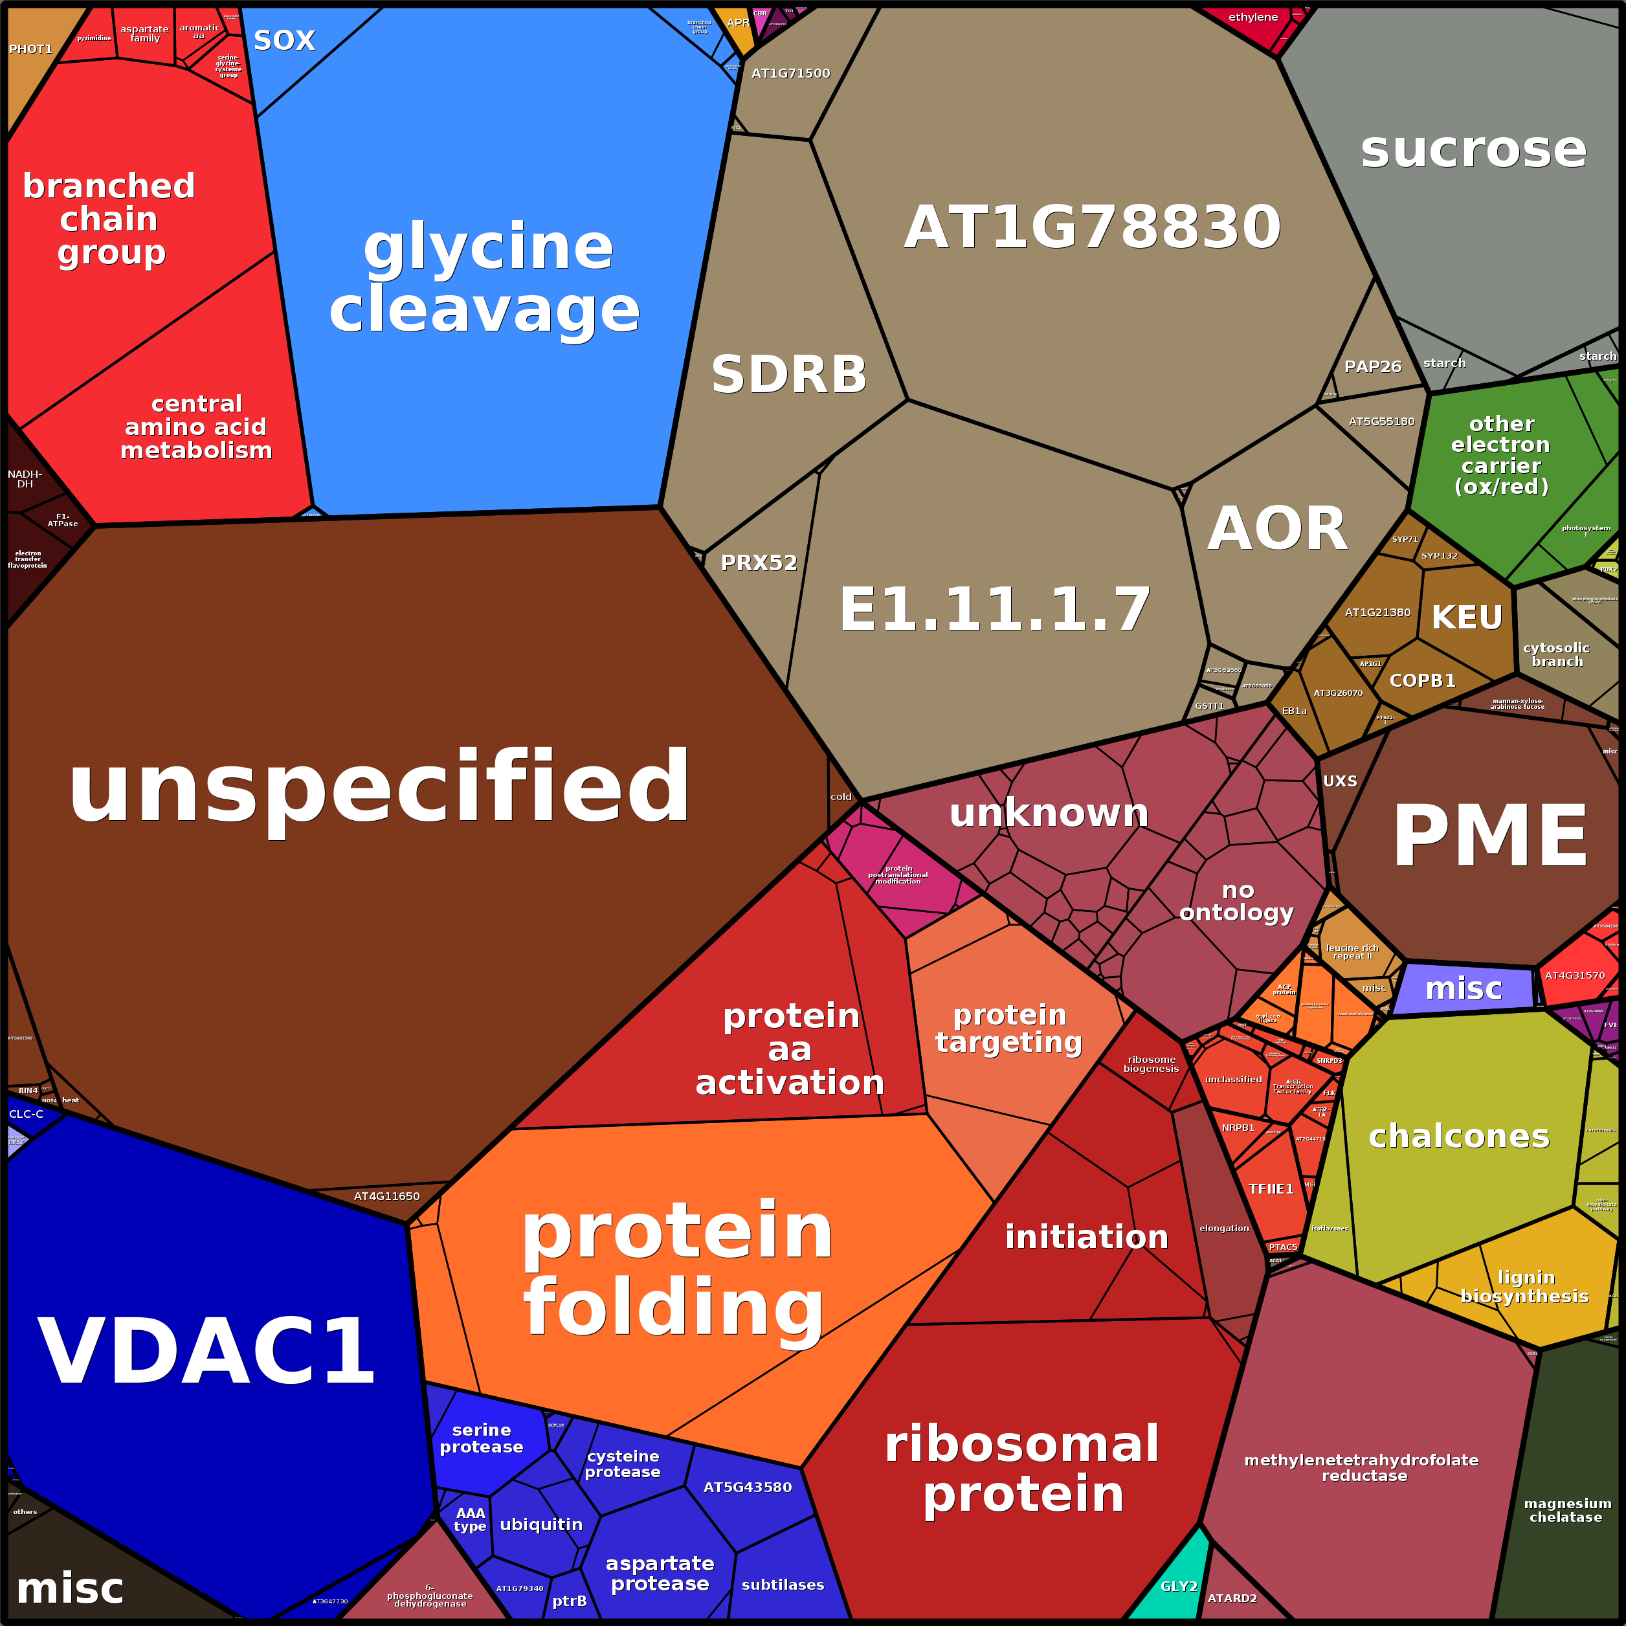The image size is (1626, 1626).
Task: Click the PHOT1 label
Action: pyautogui.click(x=30, y=49)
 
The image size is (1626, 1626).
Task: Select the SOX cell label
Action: pyautogui.click(x=284, y=39)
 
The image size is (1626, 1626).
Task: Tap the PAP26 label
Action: pyautogui.click(x=1373, y=366)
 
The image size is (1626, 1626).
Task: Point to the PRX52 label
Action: pyautogui.click(x=758, y=562)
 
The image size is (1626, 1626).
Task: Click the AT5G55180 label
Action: pyautogui.click(x=1381, y=421)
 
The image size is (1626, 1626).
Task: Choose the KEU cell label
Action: pyautogui.click(x=1467, y=617)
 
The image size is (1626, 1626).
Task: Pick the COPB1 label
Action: pyautogui.click(x=1422, y=680)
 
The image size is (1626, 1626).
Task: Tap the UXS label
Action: pyautogui.click(x=1340, y=781)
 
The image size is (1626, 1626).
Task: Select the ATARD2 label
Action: pyautogui.click(x=1232, y=1598)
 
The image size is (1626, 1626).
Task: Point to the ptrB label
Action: pyautogui.click(x=569, y=1601)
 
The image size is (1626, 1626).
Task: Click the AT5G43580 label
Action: pyautogui.click(x=748, y=1487)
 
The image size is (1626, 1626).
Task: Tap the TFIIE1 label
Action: pyautogui.click(x=1270, y=1188)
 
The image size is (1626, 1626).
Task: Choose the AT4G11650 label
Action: pyautogui.click(x=386, y=1196)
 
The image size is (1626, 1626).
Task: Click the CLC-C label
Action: pyautogui.click(x=26, y=1113)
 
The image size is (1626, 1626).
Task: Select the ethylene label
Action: pyautogui.click(x=1253, y=17)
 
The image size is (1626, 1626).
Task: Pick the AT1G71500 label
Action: pyautogui.click(x=790, y=73)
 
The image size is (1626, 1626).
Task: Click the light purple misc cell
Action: pyautogui.click(x=1464, y=988)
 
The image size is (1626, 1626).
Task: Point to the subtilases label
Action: pyautogui.click(x=783, y=1585)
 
